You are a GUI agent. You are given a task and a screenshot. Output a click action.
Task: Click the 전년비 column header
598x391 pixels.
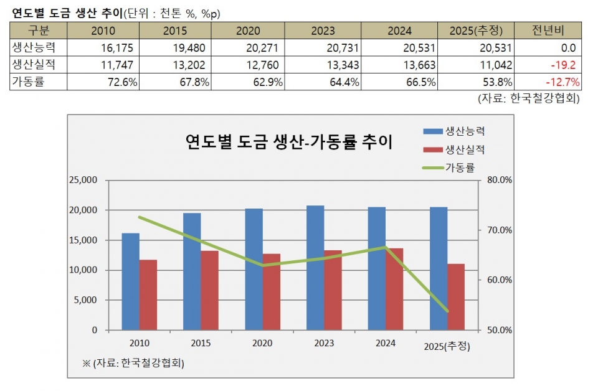tap(550, 31)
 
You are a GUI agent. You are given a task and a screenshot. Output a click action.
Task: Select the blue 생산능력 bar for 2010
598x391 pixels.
tap(130, 281)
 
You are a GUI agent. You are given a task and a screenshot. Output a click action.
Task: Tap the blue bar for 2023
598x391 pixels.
tap(315, 268)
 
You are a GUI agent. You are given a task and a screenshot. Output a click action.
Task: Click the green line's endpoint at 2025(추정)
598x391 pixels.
tap(447, 311)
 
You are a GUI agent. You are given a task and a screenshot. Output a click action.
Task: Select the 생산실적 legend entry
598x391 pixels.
tap(465, 149)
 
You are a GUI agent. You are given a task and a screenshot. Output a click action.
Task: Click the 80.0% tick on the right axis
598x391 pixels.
tap(498, 181)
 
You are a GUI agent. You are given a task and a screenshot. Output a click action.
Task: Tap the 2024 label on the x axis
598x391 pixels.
tap(386, 342)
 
